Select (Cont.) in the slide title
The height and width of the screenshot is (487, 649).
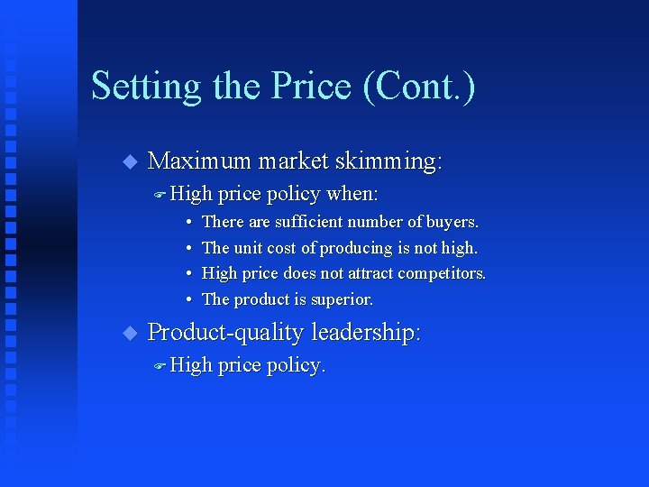pyautogui.click(x=419, y=87)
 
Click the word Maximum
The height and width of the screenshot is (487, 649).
pyautogui.click(x=198, y=161)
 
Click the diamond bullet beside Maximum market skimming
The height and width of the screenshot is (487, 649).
pyautogui.click(x=128, y=162)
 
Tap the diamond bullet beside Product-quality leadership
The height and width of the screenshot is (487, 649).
pyautogui.click(x=128, y=333)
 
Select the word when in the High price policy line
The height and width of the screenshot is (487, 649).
pyautogui.click(x=352, y=195)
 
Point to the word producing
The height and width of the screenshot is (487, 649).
pyautogui.click(x=359, y=248)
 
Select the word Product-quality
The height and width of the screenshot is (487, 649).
pyautogui.click(x=226, y=333)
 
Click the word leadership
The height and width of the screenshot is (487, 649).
pyautogui.click(x=366, y=333)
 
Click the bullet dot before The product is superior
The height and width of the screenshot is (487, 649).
pyautogui.click(x=188, y=299)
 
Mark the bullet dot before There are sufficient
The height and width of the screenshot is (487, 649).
pyautogui.click(x=188, y=222)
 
